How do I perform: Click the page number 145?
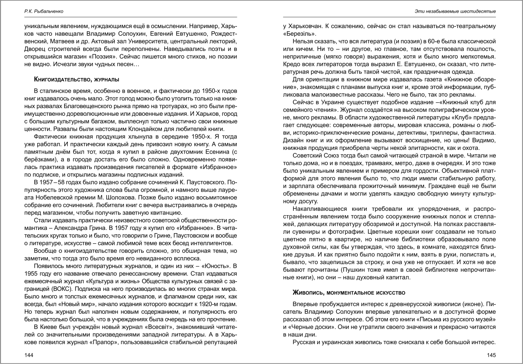[491, 355]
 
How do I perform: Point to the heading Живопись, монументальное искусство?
[349, 292]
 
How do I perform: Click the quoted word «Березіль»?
[299, 34]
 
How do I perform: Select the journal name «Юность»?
[212, 266]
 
